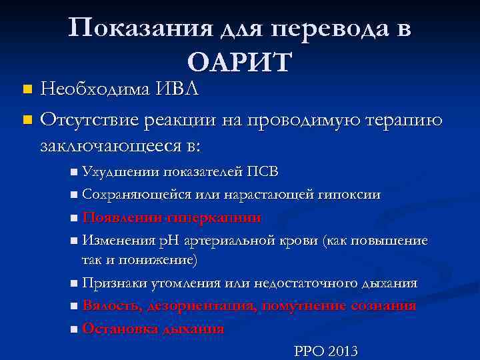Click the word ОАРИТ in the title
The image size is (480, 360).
click(239, 62)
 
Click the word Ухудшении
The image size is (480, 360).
click(121, 171)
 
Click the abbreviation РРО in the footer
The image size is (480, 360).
click(308, 351)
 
